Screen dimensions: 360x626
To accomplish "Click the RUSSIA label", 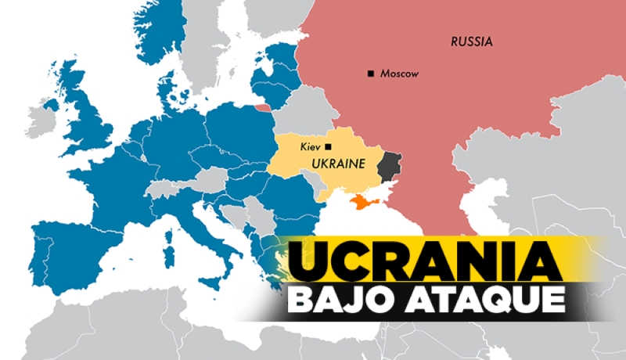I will (x=471, y=41).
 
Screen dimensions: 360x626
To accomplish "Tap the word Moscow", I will (x=399, y=74).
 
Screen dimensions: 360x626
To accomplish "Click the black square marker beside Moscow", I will (x=370, y=74).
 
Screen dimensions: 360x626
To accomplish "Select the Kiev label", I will (x=311, y=146).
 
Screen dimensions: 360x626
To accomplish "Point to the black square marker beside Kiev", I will (x=329, y=146).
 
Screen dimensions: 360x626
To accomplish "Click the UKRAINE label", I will (x=339, y=164).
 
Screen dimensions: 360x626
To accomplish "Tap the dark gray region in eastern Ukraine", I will (x=388, y=167).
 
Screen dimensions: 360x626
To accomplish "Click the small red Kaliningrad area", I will (x=263, y=107).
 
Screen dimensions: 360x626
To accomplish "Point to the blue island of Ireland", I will (x=52, y=104).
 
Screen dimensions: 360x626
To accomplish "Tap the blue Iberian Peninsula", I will (x=67, y=247).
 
